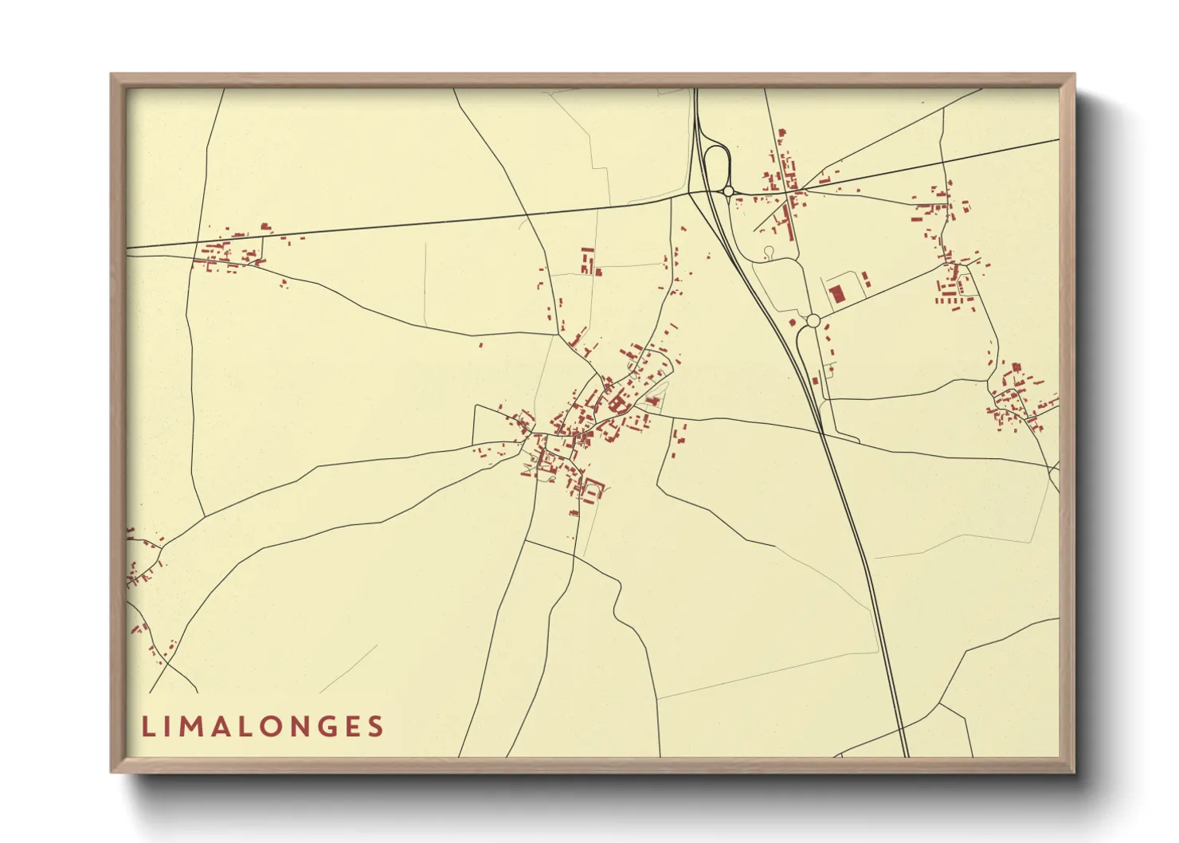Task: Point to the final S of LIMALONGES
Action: coord(375,727)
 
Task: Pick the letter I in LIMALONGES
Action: coord(168,727)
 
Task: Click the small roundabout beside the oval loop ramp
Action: coord(728,191)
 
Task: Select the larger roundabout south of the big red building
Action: coord(813,321)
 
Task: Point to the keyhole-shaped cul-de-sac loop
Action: coord(768,253)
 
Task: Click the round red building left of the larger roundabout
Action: coord(793,323)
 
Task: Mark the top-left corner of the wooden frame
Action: coord(112,75)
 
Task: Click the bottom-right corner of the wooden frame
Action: coord(1075,772)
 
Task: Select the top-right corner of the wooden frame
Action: coord(1075,75)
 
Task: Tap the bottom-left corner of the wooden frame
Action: coord(112,772)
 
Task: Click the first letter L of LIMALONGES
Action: coord(147,727)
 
